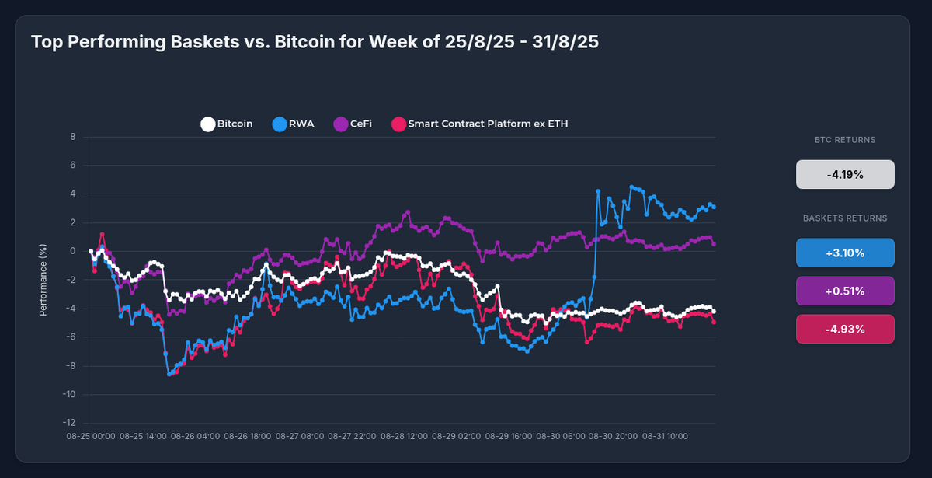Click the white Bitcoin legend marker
[x=207, y=124]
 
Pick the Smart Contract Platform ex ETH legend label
[x=488, y=124]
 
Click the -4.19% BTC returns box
[x=845, y=174]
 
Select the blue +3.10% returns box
[x=845, y=253]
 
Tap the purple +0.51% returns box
[x=845, y=291]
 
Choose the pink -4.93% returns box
[x=845, y=329]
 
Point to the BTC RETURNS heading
[x=845, y=140]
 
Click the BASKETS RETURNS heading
[x=845, y=218]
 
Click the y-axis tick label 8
[x=72, y=137]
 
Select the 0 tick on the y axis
[x=72, y=251]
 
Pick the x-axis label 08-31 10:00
[x=666, y=437]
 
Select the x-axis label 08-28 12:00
[x=407, y=437]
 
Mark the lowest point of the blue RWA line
[x=169, y=374]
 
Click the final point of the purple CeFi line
[x=714, y=243]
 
